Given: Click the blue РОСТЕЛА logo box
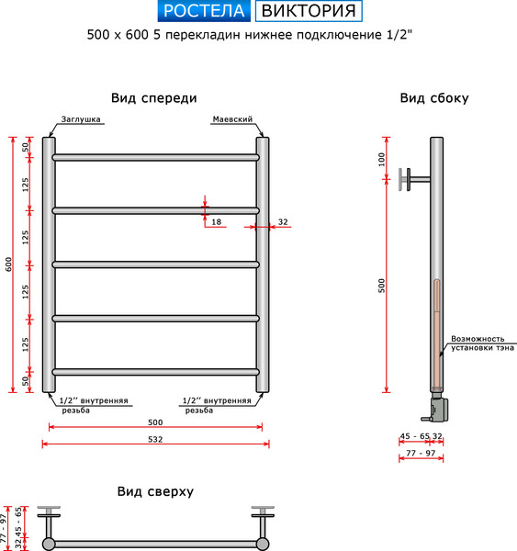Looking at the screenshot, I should pyautogui.click(x=204, y=11).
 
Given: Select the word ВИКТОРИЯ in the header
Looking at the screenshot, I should pyautogui.click(x=308, y=11).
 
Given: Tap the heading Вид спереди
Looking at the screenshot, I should pyautogui.click(x=154, y=98).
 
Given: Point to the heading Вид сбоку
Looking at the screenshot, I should pyautogui.click(x=434, y=98).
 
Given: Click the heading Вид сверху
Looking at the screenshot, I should pyautogui.click(x=155, y=491).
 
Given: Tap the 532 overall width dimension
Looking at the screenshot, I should pyautogui.click(x=154, y=439).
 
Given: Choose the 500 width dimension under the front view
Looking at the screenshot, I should pyautogui.click(x=154, y=422).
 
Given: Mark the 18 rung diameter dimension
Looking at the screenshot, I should pyautogui.click(x=217, y=221).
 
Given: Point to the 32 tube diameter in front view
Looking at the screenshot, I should pyautogui.click(x=283, y=221).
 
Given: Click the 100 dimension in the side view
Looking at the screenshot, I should pyautogui.click(x=382, y=159).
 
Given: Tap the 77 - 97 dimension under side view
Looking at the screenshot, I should pyautogui.click(x=420, y=454).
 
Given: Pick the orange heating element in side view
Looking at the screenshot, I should pyautogui.click(x=436, y=331).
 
